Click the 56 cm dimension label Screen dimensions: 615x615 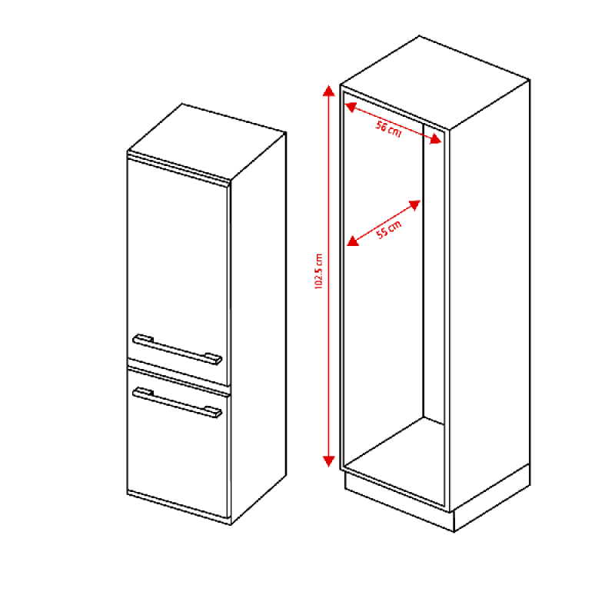click(389, 129)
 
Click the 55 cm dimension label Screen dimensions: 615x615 click(389, 229)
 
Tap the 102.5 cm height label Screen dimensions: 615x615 click(318, 271)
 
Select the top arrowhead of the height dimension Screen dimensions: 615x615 click(329, 91)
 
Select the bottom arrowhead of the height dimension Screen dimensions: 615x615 click(329, 461)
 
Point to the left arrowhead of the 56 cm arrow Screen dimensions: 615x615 click(351, 107)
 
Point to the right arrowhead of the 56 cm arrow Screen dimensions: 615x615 click(436, 139)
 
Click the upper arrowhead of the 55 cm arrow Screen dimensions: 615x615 click(415, 205)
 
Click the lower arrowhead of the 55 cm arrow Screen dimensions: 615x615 click(353, 241)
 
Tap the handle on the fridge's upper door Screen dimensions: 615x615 click(178, 349)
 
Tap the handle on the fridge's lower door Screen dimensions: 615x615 click(178, 402)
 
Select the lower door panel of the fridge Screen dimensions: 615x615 click(178, 444)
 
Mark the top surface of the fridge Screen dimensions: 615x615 click(207, 142)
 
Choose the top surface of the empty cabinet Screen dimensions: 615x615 click(435, 82)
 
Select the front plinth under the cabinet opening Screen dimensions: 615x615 click(399, 504)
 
